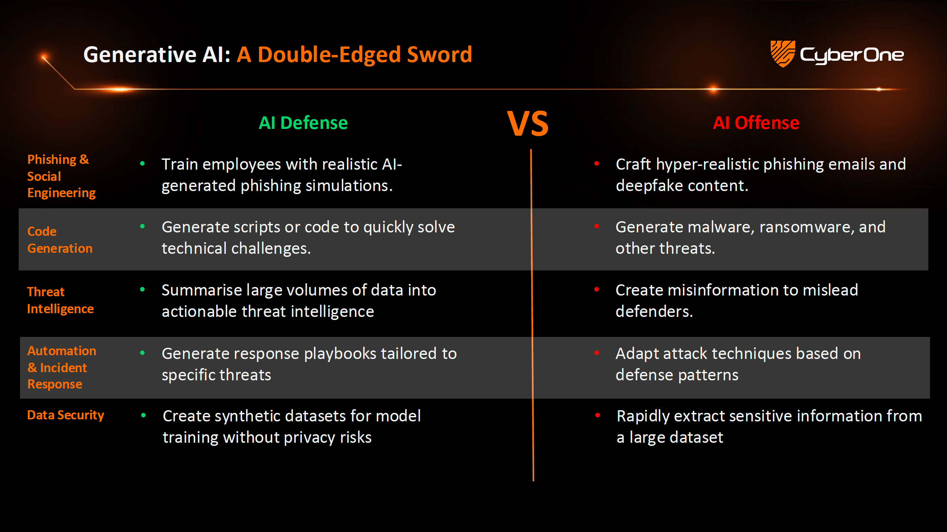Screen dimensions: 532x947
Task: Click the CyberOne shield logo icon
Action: (782, 54)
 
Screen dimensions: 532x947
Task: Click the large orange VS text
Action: (528, 124)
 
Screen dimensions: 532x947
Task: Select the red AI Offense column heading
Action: (756, 123)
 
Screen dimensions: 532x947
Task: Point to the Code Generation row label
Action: (60, 240)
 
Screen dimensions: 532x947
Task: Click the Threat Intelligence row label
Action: (60, 300)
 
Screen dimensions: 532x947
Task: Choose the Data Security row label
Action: (66, 415)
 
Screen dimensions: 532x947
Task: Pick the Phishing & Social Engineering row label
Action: (61, 176)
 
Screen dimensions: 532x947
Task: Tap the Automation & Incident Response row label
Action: (62, 367)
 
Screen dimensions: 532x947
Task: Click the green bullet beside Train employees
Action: (142, 164)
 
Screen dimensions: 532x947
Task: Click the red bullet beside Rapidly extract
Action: (597, 416)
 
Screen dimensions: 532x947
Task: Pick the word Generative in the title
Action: (140, 55)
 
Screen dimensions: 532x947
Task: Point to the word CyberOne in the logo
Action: (851, 55)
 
